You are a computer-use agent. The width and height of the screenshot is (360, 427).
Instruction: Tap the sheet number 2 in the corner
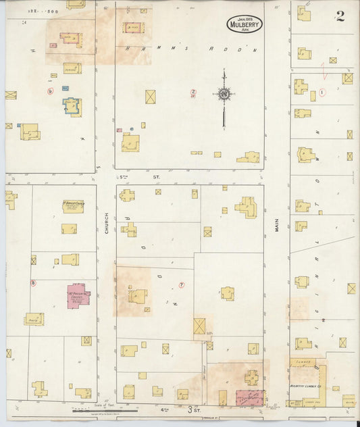340,17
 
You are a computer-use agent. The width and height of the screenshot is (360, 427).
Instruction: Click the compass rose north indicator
224,93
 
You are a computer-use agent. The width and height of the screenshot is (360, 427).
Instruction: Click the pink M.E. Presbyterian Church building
78,297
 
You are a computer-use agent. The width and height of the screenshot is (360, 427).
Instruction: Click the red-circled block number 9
49,91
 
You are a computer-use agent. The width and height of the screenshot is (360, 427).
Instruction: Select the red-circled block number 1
323,91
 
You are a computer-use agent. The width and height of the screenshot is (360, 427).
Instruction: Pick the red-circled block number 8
32,282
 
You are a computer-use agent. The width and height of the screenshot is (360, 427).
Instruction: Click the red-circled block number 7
181,284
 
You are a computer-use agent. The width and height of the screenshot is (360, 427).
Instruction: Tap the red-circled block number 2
193,91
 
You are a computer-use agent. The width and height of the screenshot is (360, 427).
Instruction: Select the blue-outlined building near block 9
72,106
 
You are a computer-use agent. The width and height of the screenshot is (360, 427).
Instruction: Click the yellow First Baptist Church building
73,206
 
